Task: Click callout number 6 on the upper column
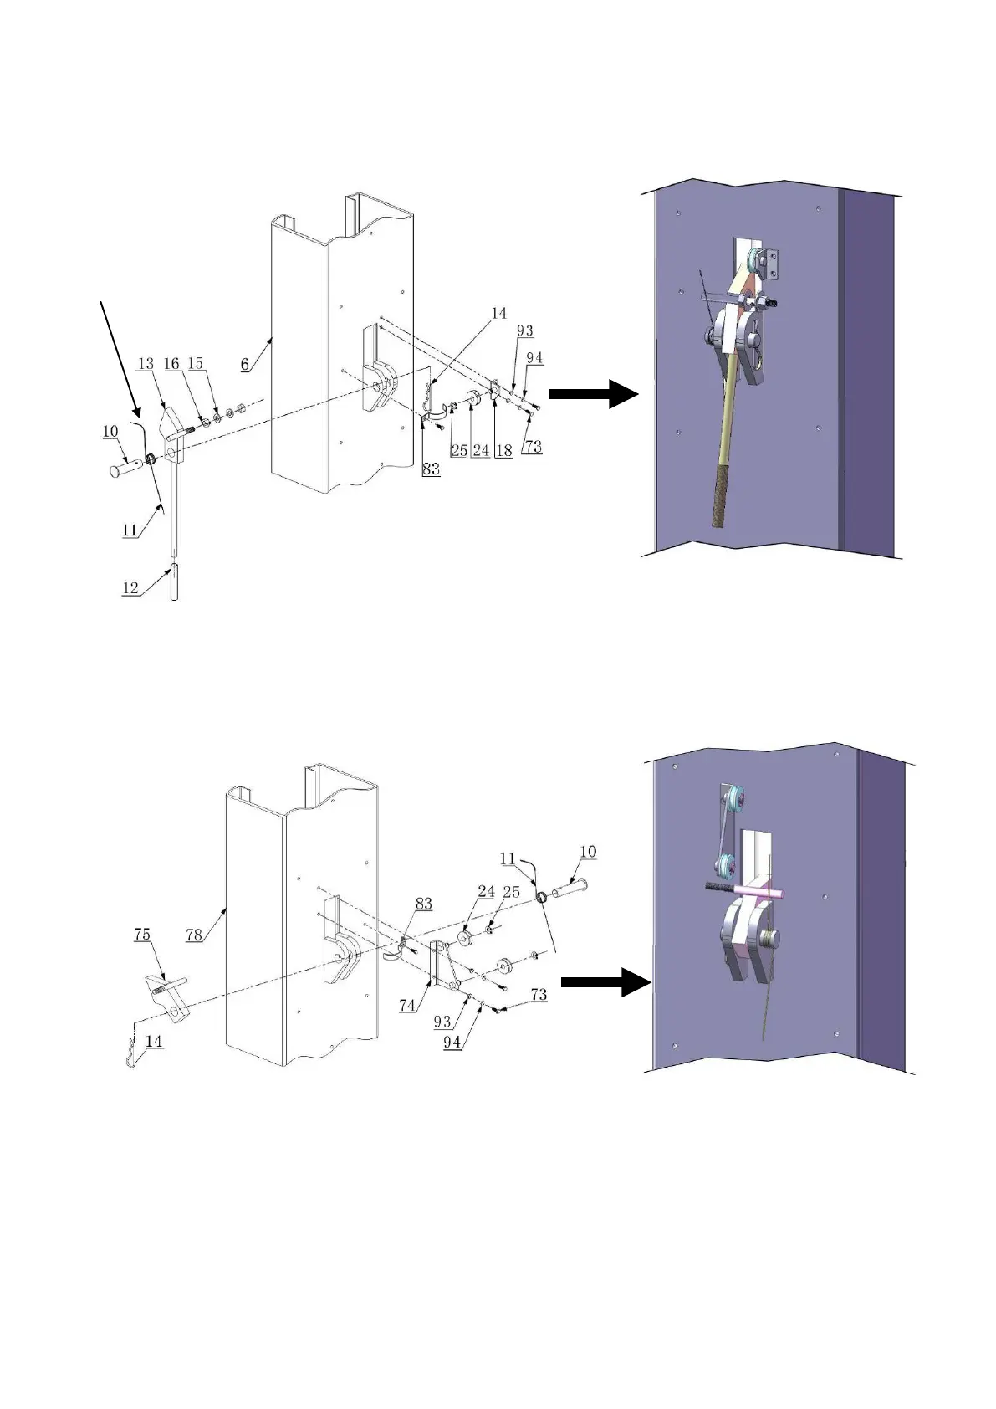[x=244, y=364]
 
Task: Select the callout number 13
[x=146, y=363]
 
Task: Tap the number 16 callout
[x=171, y=363]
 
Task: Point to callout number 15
[x=195, y=363]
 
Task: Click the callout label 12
[x=130, y=587]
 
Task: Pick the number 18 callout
[x=503, y=450]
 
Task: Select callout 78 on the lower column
[x=194, y=935]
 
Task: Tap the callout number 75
[x=142, y=934]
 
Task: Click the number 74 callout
[x=407, y=1005]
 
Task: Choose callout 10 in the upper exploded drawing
[x=110, y=431]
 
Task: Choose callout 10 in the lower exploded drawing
[x=588, y=852]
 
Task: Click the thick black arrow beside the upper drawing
[x=593, y=393]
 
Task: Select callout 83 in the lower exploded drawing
[x=424, y=903]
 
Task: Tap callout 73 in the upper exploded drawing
[x=533, y=447]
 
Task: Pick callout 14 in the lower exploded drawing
[x=154, y=1042]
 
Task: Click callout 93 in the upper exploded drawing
[x=524, y=330]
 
